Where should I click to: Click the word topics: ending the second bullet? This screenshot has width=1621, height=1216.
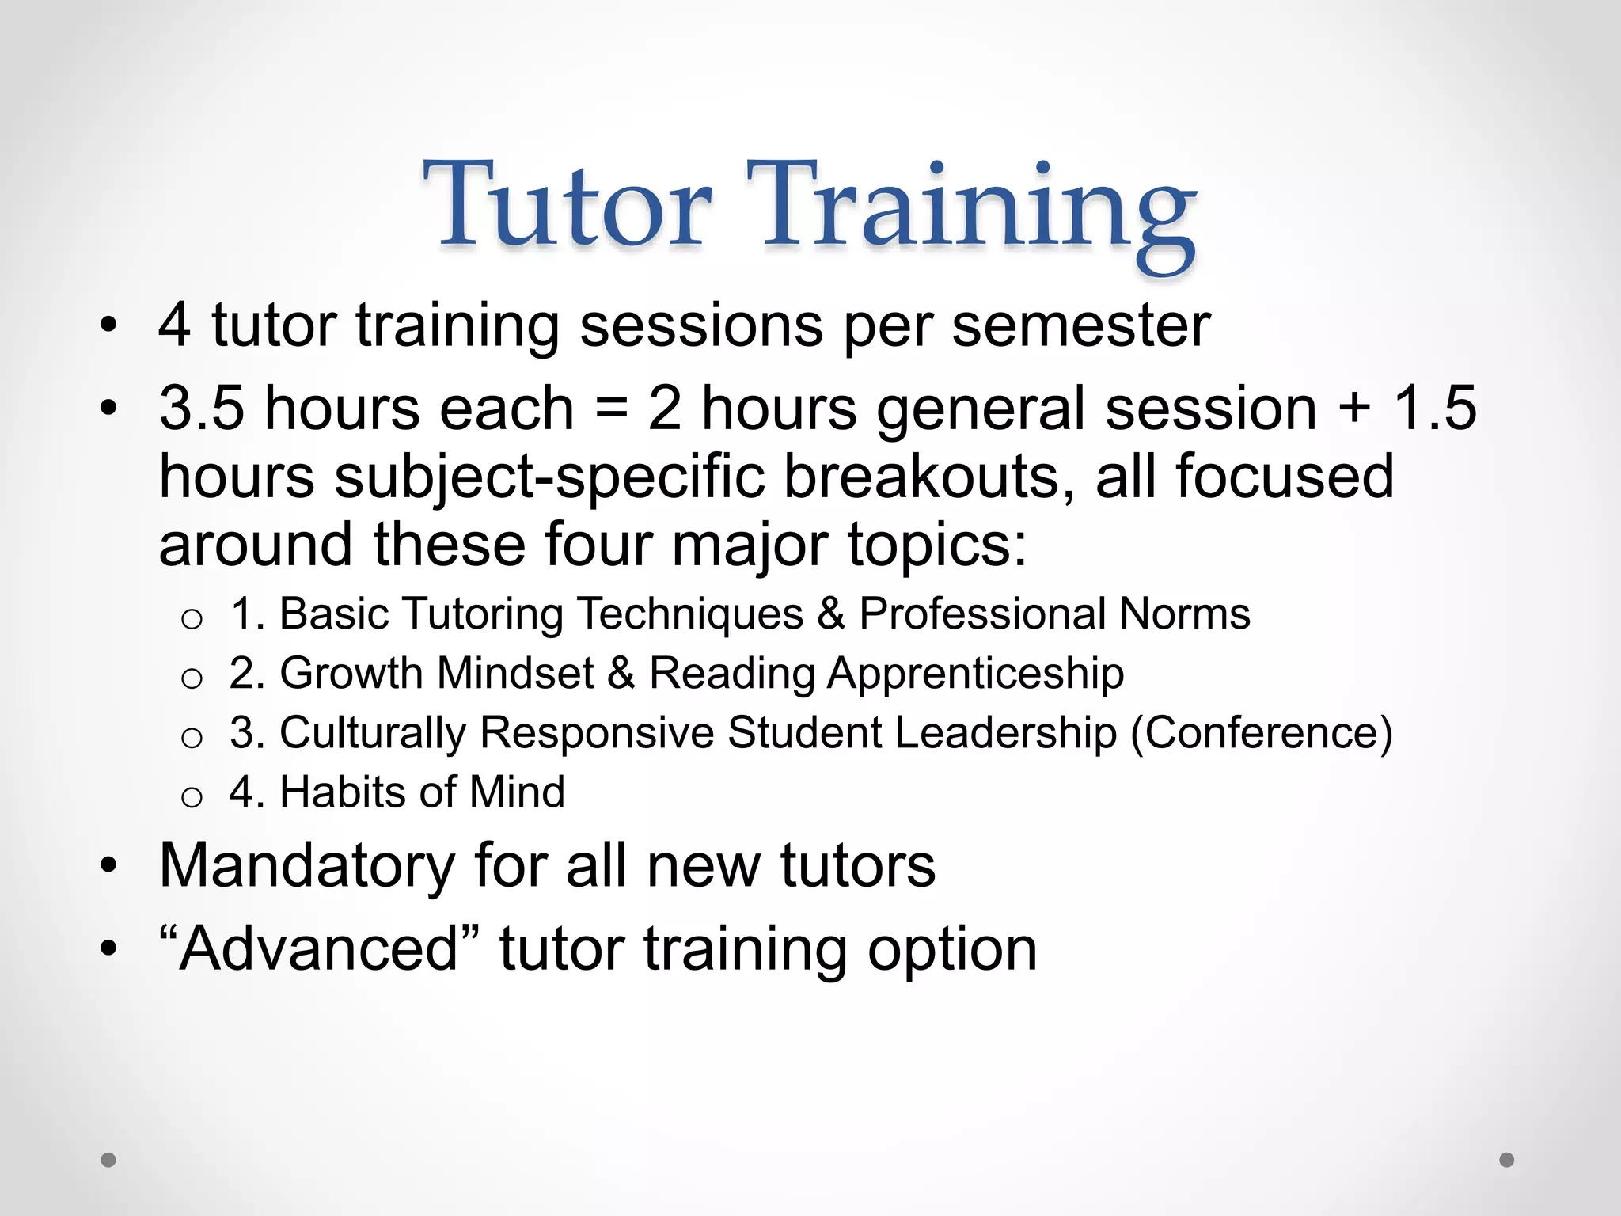(x=937, y=545)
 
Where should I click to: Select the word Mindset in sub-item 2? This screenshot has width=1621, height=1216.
(x=515, y=673)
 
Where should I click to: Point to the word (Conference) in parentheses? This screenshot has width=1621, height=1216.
(x=1261, y=732)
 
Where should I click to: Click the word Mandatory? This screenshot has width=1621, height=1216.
(x=307, y=866)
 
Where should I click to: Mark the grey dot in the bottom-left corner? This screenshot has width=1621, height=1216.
(x=108, y=1160)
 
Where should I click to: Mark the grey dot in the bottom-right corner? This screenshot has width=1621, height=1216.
(x=1507, y=1160)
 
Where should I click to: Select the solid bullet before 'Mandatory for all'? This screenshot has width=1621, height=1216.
(x=108, y=864)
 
